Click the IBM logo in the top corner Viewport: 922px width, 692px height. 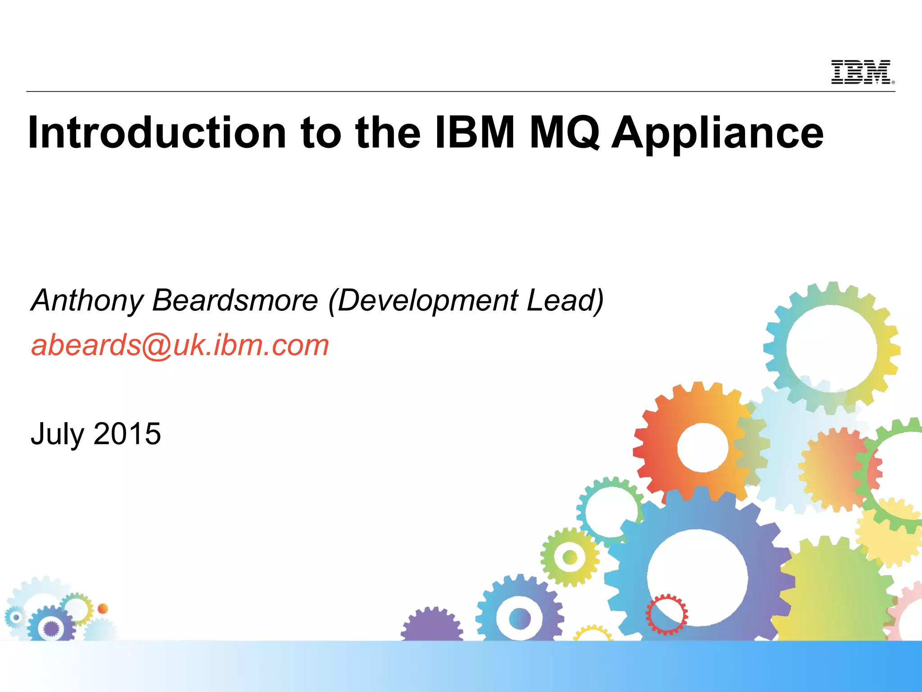pyautogui.click(x=862, y=72)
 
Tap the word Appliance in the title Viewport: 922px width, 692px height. pyautogui.click(x=718, y=133)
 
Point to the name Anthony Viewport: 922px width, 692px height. pyautogui.click(x=87, y=300)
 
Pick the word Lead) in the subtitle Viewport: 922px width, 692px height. pyautogui.click(x=565, y=300)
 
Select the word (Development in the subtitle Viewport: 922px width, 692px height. pyautogui.click(x=422, y=300)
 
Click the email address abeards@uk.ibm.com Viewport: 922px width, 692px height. pyautogui.click(x=180, y=345)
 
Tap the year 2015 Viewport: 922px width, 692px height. pyautogui.click(x=127, y=433)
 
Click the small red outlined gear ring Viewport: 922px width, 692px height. pyautogui.click(x=667, y=614)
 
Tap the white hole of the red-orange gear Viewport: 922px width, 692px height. pyautogui.click(x=702, y=447)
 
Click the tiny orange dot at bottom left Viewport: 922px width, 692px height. pyautogui.click(x=103, y=608)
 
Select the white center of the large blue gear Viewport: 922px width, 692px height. pyautogui.click(x=697, y=578)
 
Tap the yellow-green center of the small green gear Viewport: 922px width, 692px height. pyautogui.click(x=569, y=558)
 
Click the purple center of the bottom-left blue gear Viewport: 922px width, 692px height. pyautogui.click(x=51, y=628)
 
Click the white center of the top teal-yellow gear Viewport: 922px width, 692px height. pyautogui.click(x=832, y=348)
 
